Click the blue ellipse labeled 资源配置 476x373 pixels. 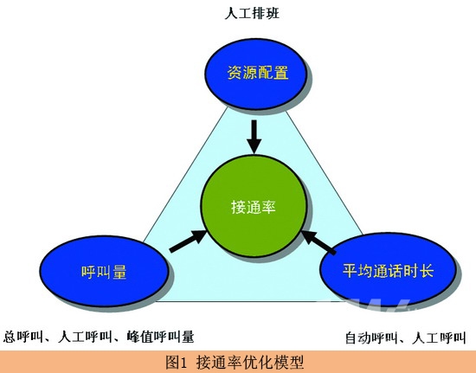[255, 74]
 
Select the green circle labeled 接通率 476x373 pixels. [254, 206]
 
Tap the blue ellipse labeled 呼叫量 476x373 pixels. [104, 271]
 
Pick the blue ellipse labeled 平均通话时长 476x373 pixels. [388, 270]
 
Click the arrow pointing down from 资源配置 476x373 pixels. [254, 137]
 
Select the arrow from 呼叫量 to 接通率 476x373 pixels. [188, 241]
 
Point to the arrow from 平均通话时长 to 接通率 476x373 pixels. [318, 242]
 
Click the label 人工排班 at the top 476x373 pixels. [252, 13]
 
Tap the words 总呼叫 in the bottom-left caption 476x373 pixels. [23, 337]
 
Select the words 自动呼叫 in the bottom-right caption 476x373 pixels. [371, 338]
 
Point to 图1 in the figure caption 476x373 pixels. [175, 362]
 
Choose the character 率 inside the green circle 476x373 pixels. [268, 207]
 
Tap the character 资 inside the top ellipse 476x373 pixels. [235, 74]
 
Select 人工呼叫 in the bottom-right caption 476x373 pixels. [439, 338]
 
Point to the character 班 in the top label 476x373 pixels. [273, 13]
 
